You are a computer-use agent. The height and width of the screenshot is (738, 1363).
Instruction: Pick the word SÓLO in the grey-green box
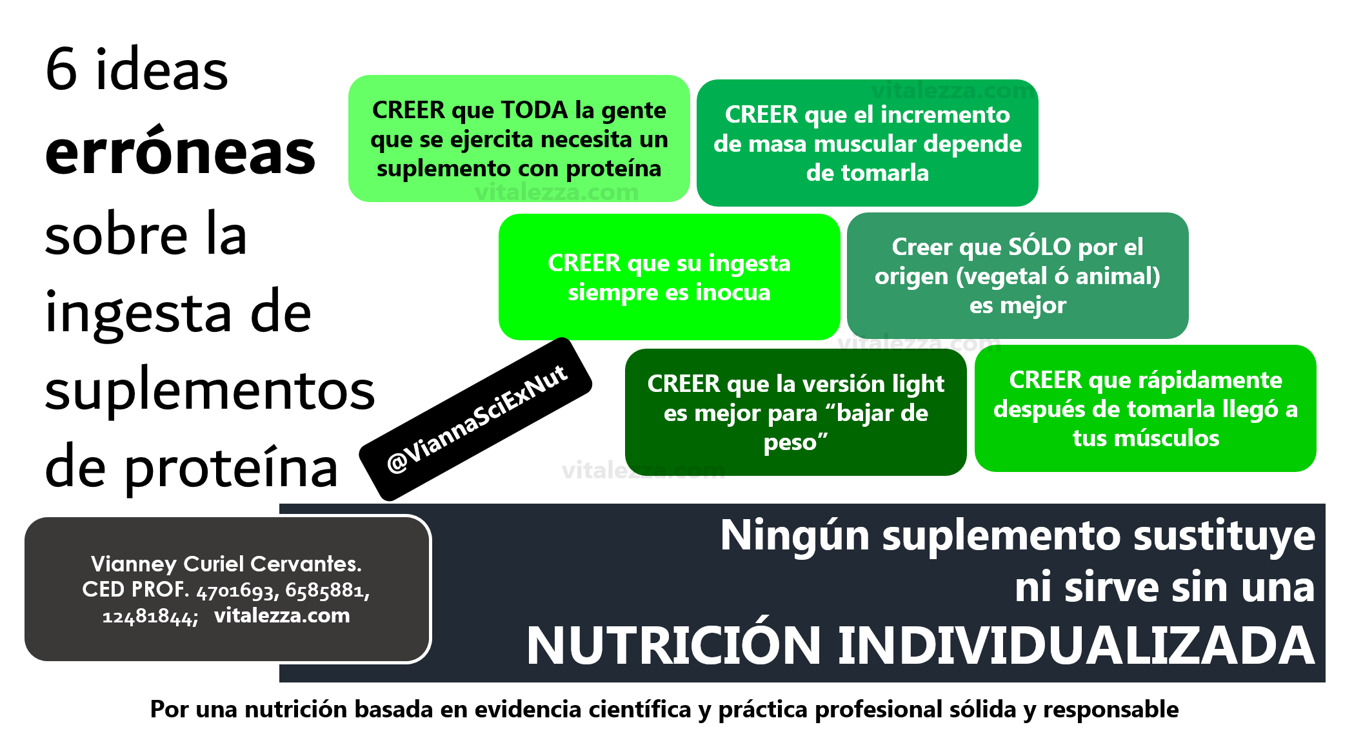click(x=1039, y=246)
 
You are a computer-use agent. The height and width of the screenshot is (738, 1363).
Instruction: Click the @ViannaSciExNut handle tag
click(x=476, y=418)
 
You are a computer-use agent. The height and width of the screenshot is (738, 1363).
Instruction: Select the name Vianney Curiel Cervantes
click(x=226, y=564)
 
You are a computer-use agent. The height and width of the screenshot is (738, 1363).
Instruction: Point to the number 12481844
click(x=150, y=617)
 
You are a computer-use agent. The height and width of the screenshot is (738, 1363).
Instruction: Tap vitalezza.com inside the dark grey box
click(x=282, y=615)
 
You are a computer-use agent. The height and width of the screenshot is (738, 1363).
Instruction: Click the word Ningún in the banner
click(x=795, y=535)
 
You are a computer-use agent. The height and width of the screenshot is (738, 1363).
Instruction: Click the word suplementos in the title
click(x=210, y=390)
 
